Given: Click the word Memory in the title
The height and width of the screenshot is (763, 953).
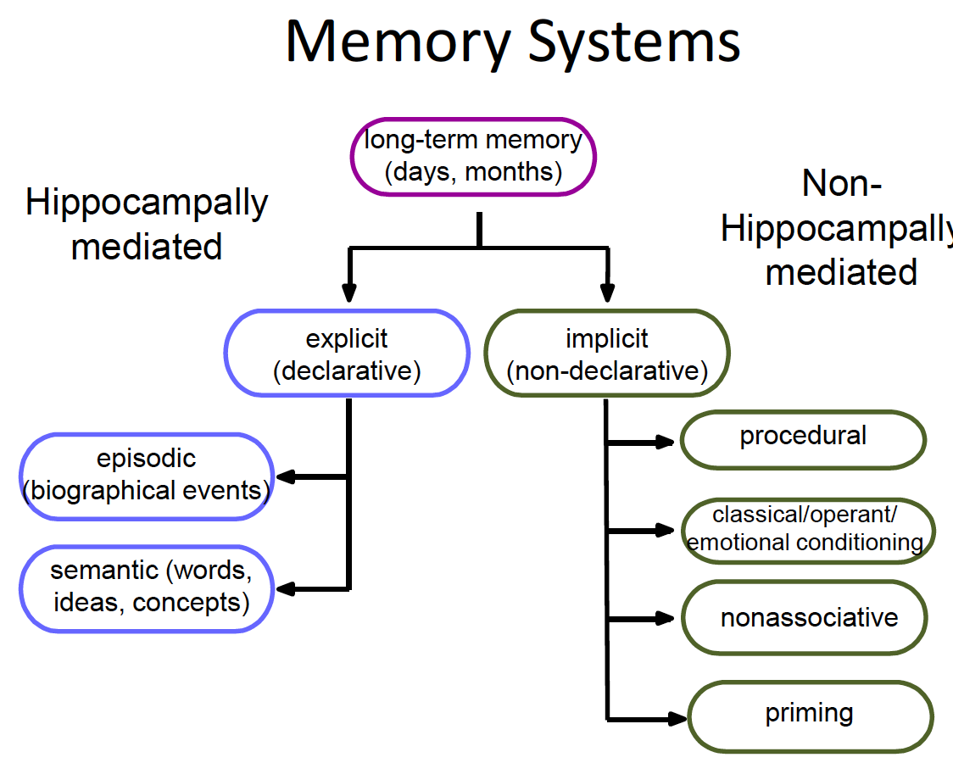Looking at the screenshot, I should [398, 41].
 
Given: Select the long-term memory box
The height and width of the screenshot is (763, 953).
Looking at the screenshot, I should [473, 157].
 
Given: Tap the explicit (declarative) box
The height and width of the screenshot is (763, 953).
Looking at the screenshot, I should [347, 354].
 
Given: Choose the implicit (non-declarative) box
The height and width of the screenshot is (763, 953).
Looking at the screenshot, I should [606, 354].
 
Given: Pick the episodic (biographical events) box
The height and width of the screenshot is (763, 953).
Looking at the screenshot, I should [146, 475].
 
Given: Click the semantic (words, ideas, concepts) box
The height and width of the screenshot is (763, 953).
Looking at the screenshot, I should [146, 587].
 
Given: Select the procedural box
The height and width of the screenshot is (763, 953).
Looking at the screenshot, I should [803, 438].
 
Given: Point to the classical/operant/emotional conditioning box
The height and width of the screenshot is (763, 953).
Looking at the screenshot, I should [807, 529].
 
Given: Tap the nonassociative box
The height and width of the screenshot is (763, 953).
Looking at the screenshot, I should [807, 617].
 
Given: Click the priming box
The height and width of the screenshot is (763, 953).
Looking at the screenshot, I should [810, 714].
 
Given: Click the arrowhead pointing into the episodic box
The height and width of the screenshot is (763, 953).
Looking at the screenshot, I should [286, 476].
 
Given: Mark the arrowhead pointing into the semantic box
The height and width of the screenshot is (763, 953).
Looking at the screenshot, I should [286, 588].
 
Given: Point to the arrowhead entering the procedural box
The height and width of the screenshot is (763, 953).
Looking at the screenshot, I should [666, 441].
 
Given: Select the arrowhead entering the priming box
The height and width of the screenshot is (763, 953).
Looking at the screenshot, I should [676, 718].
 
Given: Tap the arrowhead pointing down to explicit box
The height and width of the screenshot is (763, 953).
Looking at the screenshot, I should [347, 293].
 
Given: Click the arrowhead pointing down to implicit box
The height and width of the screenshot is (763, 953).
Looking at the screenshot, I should [606, 293].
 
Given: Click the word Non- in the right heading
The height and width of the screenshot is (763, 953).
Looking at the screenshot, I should [842, 184].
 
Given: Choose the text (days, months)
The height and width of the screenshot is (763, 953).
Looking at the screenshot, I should [473, 172].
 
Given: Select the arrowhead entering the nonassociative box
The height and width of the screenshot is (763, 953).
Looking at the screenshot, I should [670, 619].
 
